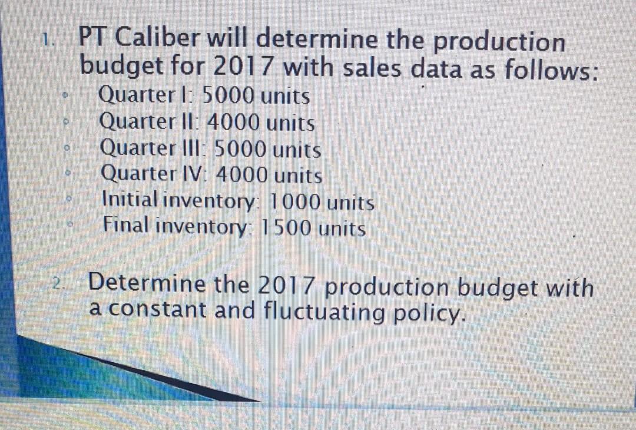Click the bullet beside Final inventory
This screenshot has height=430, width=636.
pyautogui.click(x=70, y=224)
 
